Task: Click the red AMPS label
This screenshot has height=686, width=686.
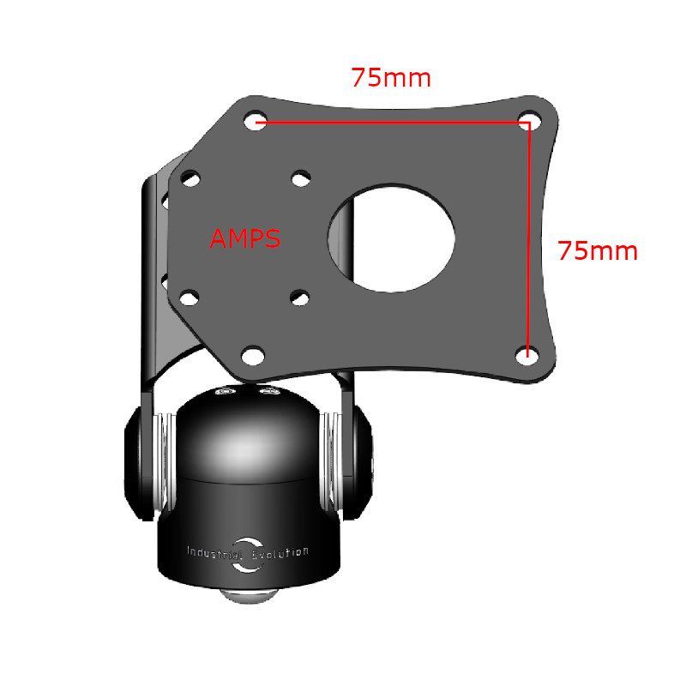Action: [x=245, y=238]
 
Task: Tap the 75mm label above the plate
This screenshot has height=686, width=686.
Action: [x=391, y=78]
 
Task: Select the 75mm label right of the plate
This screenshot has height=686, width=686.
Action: [x=598, y=251]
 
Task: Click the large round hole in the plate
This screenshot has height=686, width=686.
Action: [x=391, y=237]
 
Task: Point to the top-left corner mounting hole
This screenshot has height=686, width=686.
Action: [x=255, y=121]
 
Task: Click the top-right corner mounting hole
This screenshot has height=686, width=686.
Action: [x=530, y=120]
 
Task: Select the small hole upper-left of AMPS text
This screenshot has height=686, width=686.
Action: [x=190, y=180]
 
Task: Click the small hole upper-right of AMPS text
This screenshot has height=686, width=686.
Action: [x=300, y=178]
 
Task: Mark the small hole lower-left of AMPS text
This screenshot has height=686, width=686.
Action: [x=189, y=298]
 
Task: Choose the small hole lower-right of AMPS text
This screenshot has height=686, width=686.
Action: [x=299, y=298]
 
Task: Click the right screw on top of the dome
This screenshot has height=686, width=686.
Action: [x=269, y=393]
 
